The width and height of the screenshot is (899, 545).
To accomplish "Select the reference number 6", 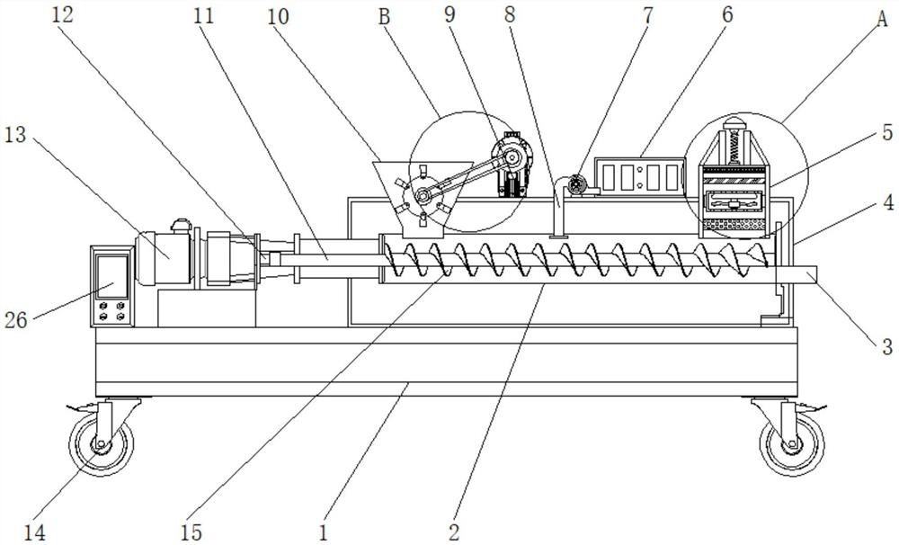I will (726, 15).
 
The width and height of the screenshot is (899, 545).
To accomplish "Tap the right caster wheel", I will (793, 445).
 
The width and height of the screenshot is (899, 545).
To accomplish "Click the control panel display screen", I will (111, 277).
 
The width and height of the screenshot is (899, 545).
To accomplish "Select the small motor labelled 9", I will (511, 166).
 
